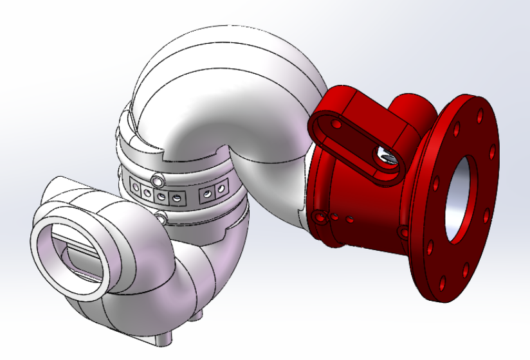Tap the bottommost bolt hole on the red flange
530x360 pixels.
tap(443, 282)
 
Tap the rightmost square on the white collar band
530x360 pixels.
tap(222, 189)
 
